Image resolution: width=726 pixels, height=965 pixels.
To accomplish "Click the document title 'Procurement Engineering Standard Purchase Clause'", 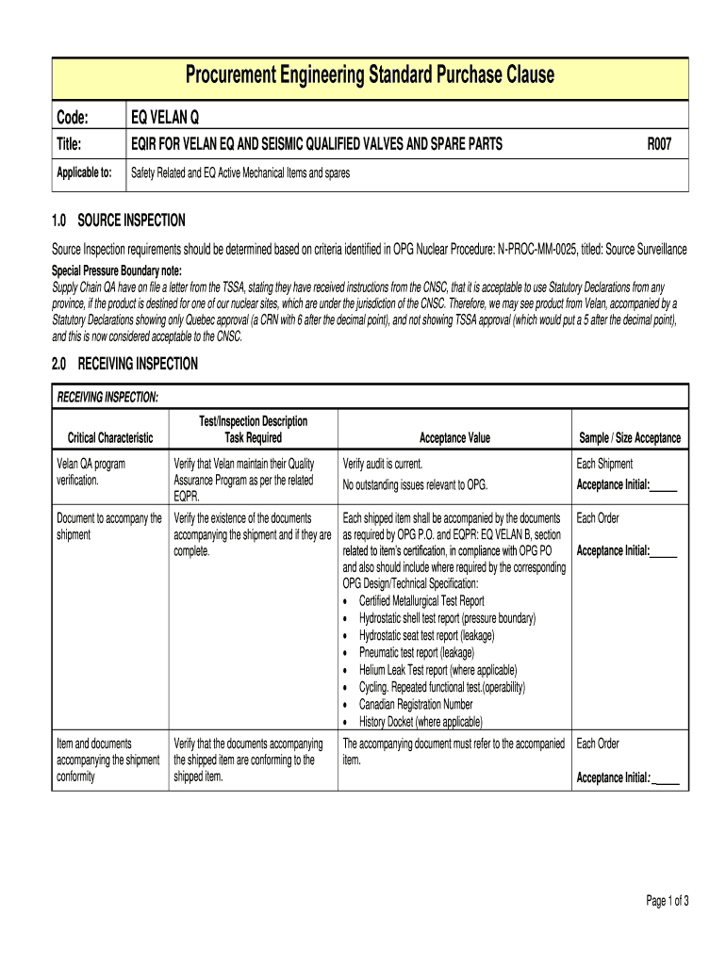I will [x=370, y=75].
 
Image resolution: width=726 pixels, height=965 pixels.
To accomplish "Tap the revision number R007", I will [x=658, y=144].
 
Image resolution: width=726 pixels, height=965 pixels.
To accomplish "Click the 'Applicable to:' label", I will [x=84, y=172].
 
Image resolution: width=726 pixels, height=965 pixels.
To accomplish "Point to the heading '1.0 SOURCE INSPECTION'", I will [x=118, y=221].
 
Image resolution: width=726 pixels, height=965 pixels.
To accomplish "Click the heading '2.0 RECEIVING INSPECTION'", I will [x=124, y=364].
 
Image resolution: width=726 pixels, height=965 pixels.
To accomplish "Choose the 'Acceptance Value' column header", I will [x=454, y=438].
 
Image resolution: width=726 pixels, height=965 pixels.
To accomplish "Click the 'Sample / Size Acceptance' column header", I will [x=629, y=438].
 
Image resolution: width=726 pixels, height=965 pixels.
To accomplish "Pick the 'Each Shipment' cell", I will [x=604, y=464].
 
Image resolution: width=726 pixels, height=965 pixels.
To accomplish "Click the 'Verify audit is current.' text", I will [x=383, y=464].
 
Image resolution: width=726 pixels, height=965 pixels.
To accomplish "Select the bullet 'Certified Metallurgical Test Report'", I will [x=421, y=601].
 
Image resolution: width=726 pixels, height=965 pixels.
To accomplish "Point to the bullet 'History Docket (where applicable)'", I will [x=421, y=722].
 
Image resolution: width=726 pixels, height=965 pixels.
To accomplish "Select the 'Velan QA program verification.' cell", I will [x=91, y=472].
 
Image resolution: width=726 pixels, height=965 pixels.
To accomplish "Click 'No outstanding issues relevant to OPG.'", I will [x=415, y=484].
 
